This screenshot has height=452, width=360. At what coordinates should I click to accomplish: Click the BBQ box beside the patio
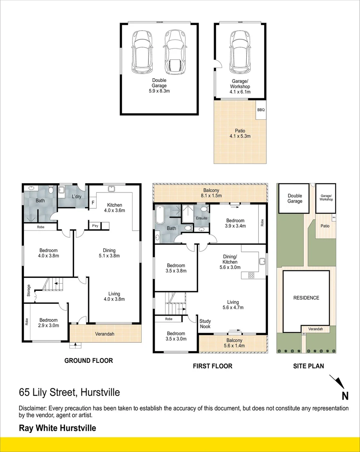pos(261,110)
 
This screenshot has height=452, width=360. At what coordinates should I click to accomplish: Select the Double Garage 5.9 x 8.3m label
pos(159,86)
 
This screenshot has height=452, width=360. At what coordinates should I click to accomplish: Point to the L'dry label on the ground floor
pos(76,197)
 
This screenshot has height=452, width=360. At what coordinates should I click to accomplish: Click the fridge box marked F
pos(93,203)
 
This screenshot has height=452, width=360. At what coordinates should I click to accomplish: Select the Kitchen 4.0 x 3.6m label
pos(115,208)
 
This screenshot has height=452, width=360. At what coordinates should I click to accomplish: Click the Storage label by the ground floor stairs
pos(29,290)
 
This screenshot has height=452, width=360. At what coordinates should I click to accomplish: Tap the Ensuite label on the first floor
pos(202,218)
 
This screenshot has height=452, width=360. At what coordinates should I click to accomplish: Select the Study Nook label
pos(205,324)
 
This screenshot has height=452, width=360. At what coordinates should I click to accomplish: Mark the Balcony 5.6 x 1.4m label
pos(233,343)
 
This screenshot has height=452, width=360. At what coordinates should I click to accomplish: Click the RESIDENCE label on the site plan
pos(306,298)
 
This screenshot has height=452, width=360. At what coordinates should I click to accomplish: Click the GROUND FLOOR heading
pos(88,360)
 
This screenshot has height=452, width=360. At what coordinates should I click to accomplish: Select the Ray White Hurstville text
pos(57,428)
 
